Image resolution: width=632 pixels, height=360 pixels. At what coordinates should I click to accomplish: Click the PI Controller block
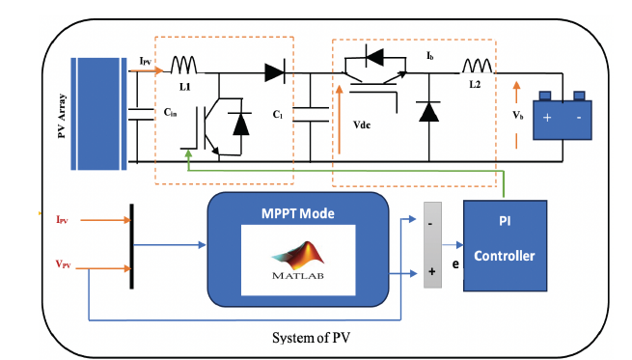(x=505, y=245)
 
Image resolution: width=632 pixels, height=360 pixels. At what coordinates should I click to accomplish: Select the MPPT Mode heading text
(x=298, y=213)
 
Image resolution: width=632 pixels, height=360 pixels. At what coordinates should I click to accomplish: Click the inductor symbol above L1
(x=183, y=65)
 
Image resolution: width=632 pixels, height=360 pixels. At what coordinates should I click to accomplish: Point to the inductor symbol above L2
(x=478, y=66)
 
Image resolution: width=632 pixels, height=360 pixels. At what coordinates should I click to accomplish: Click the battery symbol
(x=563, y=116)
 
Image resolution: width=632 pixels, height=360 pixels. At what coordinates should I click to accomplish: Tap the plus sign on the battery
(x=547, y=118)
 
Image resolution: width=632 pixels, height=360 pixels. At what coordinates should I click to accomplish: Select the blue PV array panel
(x=98, y=114)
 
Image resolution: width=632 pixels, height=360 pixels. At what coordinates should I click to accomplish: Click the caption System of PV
(x=311, y=338)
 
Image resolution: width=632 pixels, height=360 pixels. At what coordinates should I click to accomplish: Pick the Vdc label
(x=362, y=125)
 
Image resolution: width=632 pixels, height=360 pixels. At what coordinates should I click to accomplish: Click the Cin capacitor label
(x=170, y=113)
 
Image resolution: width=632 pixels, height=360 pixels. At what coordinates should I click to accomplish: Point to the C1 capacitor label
(x=278, y=115)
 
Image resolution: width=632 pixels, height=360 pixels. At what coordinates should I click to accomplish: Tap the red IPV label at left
(x=62, y=220)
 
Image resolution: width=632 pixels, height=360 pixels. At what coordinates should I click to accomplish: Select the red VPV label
(x=64, y=264)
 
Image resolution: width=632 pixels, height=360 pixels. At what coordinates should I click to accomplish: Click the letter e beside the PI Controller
(x=455, y=264)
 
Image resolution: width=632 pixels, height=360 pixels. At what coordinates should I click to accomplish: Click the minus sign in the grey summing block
(x=430, y=224)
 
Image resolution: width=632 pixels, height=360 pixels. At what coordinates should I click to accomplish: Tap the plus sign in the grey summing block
(x=431, y=271)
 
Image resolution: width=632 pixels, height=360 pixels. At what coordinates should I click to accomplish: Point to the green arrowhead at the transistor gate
(x=188, y=153)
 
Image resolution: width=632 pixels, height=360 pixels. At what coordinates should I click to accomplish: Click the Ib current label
(x=430, y=56)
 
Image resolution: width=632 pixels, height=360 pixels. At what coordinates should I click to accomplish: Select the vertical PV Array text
(x=62, y=116)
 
